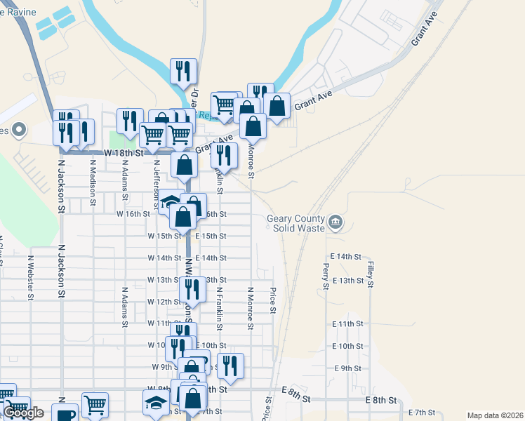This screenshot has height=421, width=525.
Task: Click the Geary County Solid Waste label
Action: coord(295,222)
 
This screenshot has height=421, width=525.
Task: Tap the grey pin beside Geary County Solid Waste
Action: coord(335,222)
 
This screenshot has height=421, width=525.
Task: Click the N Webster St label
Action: coord(31,277)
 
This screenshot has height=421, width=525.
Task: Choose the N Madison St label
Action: coord(92,180)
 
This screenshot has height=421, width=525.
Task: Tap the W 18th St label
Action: coord(124,152)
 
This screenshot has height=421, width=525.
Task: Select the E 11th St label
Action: coord(347,324)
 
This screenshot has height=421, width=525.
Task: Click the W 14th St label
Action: coord(164,258)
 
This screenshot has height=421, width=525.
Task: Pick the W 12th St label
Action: coord(164,302)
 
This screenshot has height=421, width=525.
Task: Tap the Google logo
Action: coord(23,413)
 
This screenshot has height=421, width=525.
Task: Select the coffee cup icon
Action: coord(65,413)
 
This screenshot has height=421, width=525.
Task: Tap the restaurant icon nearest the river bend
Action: coord(183,72)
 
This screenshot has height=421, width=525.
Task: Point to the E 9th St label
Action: coord(347,368)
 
